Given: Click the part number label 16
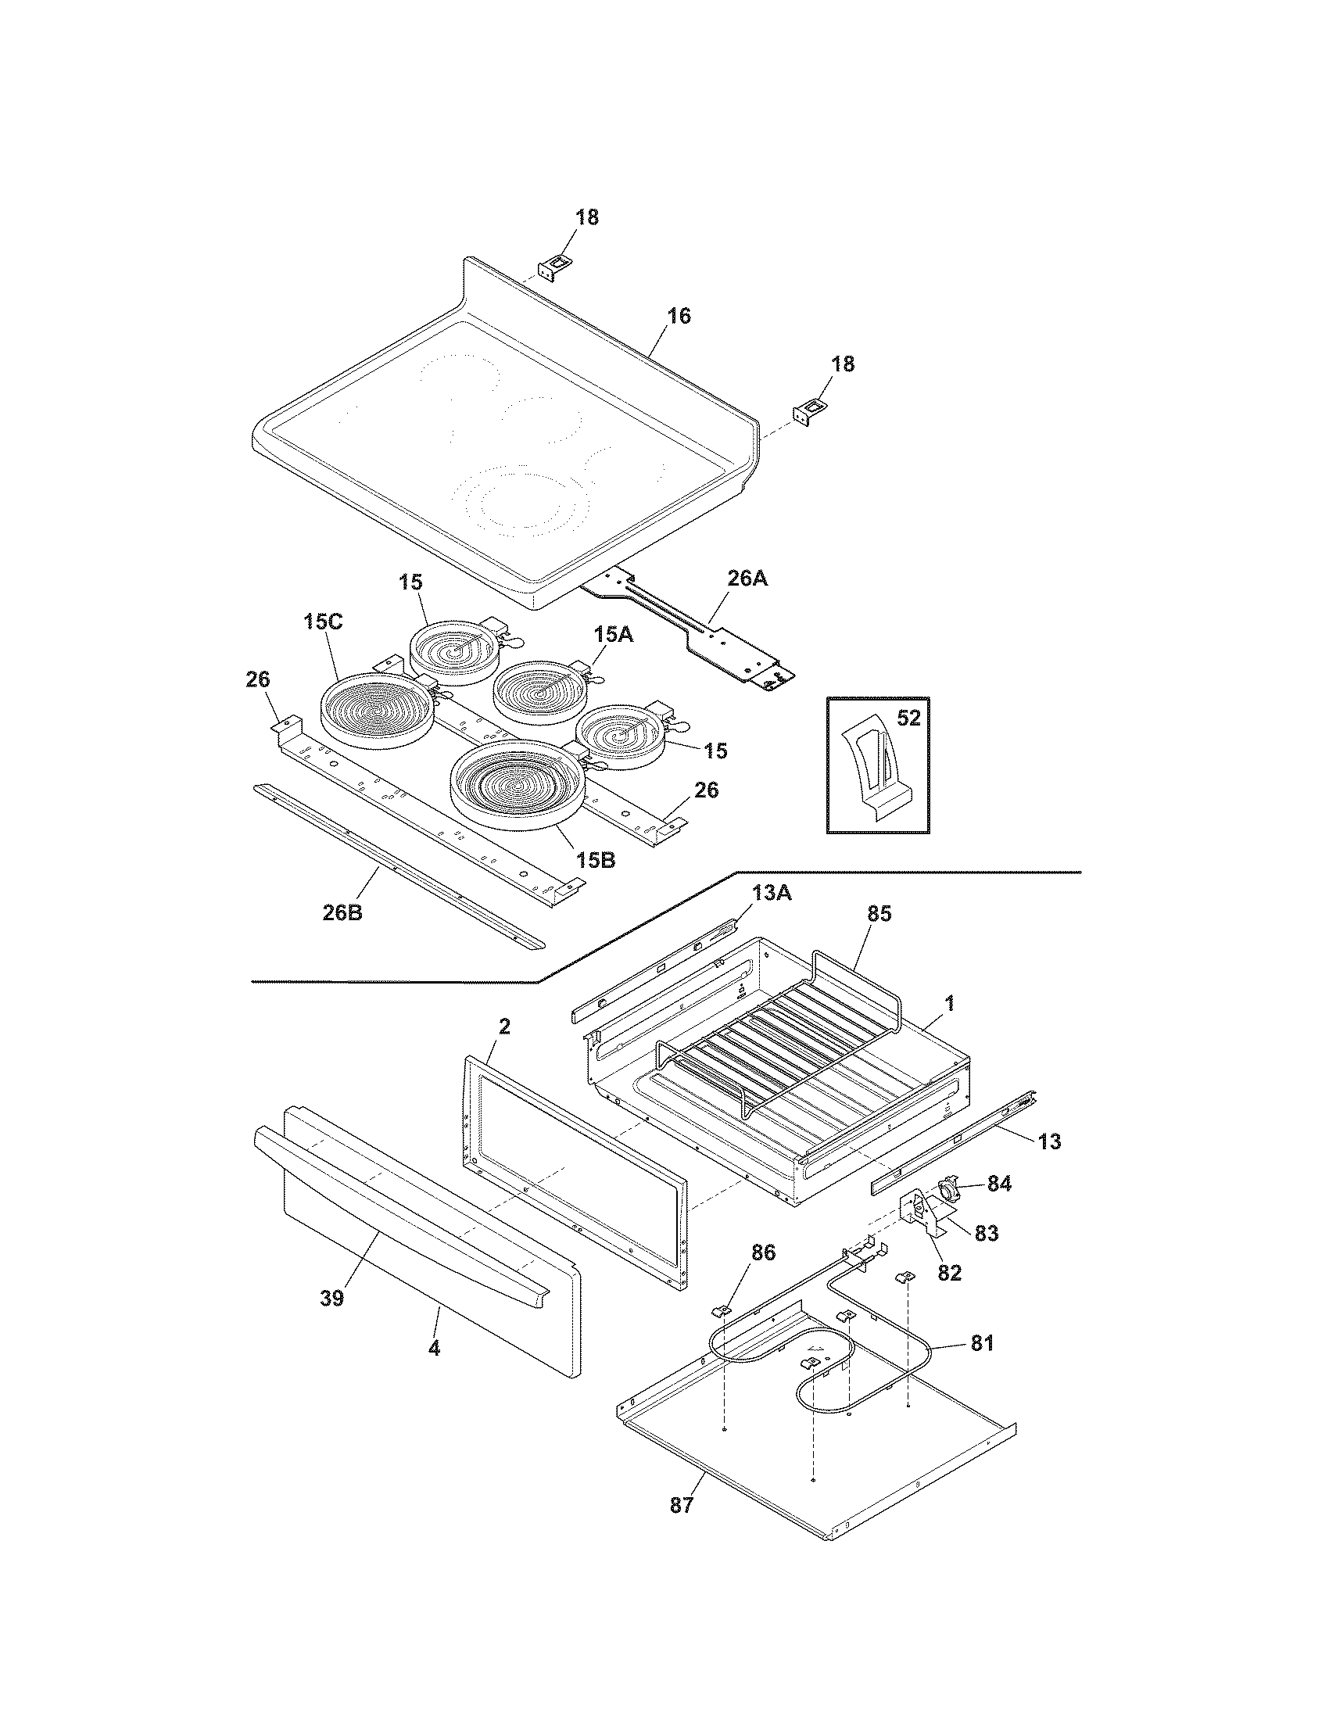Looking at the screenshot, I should click(x=679, y=316).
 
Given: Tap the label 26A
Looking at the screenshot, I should click(x=747, y=579).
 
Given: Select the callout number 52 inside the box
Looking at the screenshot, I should click(x=908, y=719).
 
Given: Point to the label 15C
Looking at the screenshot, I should click(x=324, y=622).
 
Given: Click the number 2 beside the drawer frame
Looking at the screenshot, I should click(x=504, y=1027).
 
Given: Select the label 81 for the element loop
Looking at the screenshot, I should click(x=981, y=1342).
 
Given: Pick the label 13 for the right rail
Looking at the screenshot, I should click(x=1049, y=1141).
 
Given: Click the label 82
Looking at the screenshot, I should click(x=950, y=1273).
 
